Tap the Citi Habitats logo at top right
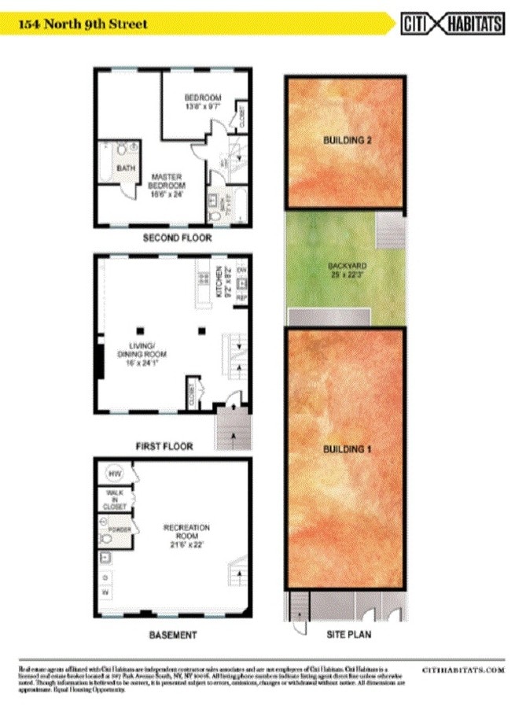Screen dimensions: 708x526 pyautogui.click(x=452, y=24)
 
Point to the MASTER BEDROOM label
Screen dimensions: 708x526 pyautogui.click(x=167, y=185)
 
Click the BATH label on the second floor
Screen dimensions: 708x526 pyautogui.click(x=125, y=168)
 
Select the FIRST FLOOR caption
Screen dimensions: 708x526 pyautogui.click(x=164, y=446)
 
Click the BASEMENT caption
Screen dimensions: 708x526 pyautogui.click(x=172, y=634)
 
